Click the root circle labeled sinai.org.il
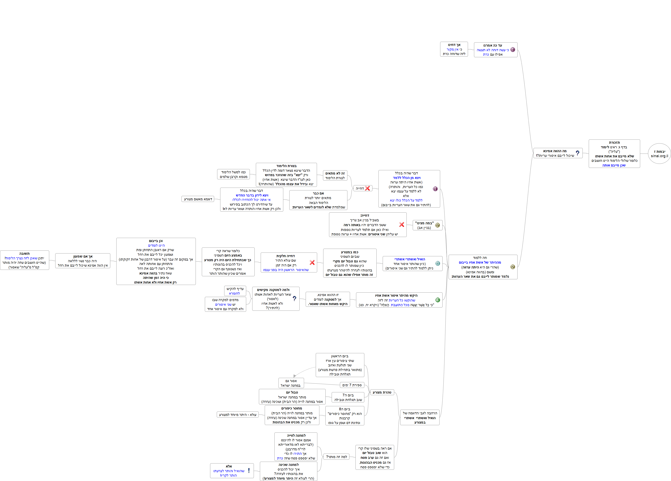(x=659, y=154)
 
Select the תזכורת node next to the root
(x=614, y=154)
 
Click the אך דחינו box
(x=454, y=49)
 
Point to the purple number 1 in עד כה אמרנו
(x=513, y=50)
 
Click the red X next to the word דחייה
(x=367, y=188)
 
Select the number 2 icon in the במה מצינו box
(x=438, y=225)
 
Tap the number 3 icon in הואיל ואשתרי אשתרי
(x=438, y=263)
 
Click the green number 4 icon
(x=438, y=300)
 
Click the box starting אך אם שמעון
(x=83, y=261)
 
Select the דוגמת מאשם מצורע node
(x=198, y=199)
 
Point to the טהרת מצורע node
(x=382, y=392)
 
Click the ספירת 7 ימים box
(x=352, y=385)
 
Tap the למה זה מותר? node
(x=336, y=457)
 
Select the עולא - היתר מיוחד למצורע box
(x=238, y=415)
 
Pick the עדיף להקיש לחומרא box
(x=235, y=291)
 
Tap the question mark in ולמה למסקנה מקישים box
(x=294, y=299)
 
